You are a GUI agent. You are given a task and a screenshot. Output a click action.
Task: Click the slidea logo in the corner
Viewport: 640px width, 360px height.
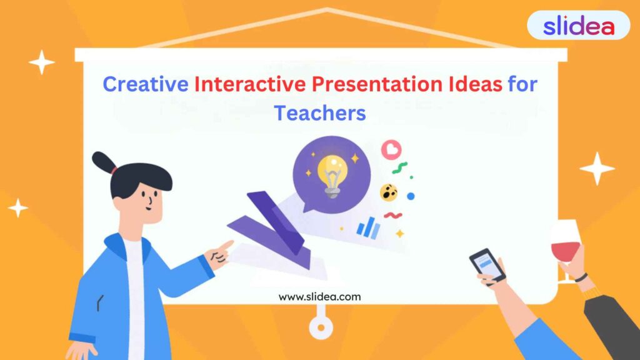pos(578,26)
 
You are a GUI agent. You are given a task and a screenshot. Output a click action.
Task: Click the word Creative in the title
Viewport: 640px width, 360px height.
pos(145,84)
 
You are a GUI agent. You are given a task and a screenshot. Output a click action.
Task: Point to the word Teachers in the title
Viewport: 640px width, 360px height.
pos(319,113)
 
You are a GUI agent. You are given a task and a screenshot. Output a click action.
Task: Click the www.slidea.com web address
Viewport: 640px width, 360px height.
pos(319,297)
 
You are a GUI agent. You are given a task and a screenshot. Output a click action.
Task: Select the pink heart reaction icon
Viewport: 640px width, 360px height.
pos(391,149)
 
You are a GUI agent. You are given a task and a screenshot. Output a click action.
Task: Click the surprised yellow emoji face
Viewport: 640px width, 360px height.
pos(389,192)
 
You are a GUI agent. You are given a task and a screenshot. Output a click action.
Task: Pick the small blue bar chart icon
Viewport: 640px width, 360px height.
pos(368,227)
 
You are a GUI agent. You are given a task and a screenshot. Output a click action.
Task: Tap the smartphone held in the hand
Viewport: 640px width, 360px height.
pos(487,264)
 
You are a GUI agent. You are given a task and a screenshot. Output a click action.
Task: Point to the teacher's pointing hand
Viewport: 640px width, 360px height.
pos(219,254)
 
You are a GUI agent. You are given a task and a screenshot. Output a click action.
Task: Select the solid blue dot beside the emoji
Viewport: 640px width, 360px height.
pos(411,196)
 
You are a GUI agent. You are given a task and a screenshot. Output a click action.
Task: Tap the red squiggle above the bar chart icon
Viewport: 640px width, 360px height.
pos(393,216)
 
